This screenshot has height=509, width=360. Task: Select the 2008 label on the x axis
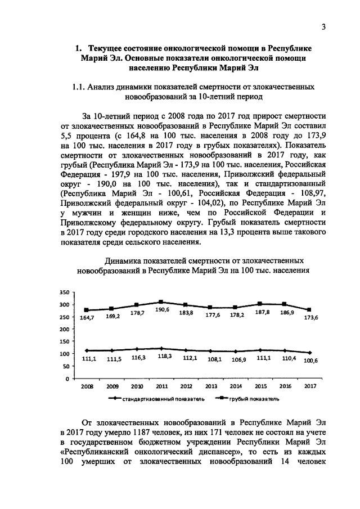point(87,387)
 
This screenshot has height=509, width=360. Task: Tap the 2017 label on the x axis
point(309,387)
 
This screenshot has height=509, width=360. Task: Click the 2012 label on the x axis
point(186,387)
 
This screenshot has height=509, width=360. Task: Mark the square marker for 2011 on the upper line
point(161,302)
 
